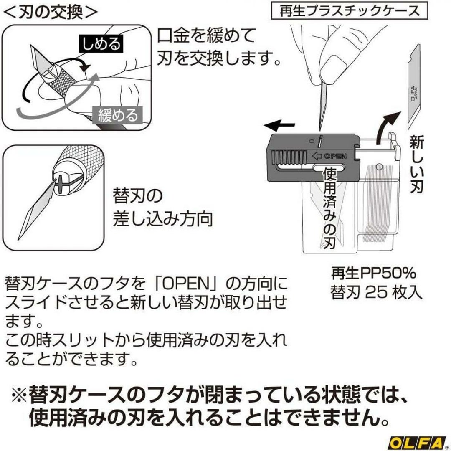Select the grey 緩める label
pyautogui.click(x=118, y=115)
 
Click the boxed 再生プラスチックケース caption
pyautogui.click(x=350, y=11)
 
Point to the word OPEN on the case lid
pyautogui.click(x=335, y=156)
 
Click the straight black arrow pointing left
pyautogui.click(x=279, y=126)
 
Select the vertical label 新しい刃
pyautogui.click(x=416, y=164)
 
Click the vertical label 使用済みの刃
pyautogui.click(x=330, y=208)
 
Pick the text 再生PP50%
pyautogui.click(x=374, y=273)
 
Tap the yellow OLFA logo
pyautogui.click(x=417, y=443)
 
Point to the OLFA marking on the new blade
pyautogui.click(x=413, y=93)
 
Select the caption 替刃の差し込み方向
pyautogui.click(x=162, y=207)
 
